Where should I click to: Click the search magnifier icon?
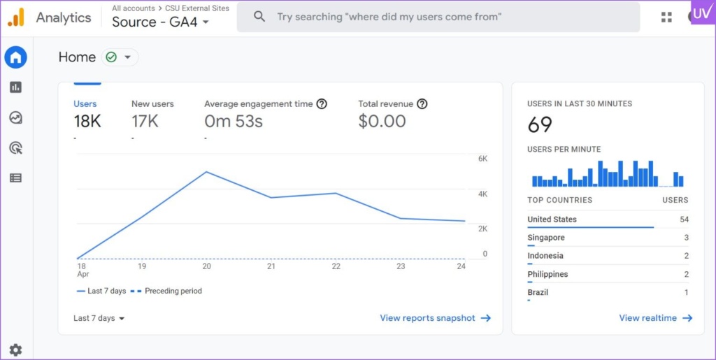(259, 16)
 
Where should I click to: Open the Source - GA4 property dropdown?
(161, 22)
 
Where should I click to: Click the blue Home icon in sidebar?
(16, 57)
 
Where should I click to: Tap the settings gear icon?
(15, 350)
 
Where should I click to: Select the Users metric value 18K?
(87, 122)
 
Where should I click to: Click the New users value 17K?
(145, 122)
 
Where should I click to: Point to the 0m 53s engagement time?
(234, 122)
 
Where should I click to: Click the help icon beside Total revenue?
(422, 104)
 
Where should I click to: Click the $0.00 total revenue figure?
(382, 122)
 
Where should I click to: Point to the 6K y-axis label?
(482, 159)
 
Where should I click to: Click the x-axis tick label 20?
(207, 266)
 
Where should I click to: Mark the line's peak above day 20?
(206, 172)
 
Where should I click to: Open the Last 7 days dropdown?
(99, 318)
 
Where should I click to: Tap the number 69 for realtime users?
(540, 125)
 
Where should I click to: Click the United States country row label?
(552, 219)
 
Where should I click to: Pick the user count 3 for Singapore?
(686, 238)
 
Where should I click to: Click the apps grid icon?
(666, 17)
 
